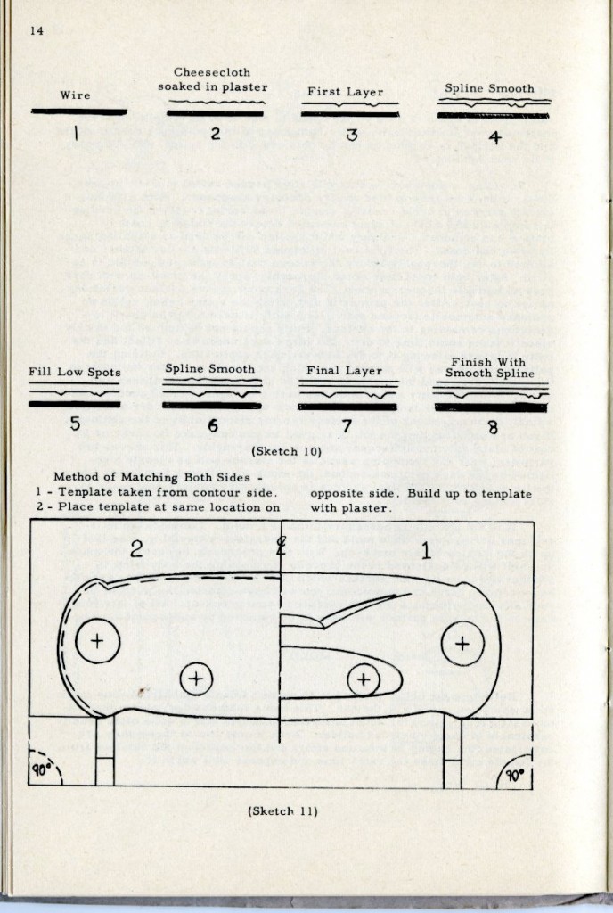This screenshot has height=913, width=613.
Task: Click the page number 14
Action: click(37, 31)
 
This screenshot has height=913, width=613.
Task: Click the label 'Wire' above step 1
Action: click(75, 95)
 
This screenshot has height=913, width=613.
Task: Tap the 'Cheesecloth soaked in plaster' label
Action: click(212, 79)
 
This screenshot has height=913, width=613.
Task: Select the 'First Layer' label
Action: click(346, 92)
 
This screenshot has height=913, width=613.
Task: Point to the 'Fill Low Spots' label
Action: click(75, 372)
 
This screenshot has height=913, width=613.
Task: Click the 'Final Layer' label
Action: click(346, 371)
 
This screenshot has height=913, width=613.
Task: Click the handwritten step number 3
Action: click(352, 136)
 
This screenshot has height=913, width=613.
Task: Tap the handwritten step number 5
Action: click(75, 424)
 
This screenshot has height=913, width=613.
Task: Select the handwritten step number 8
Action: click(492, 427)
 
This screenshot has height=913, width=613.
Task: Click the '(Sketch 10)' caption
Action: click(286, 451)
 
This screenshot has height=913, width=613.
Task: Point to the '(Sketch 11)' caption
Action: click(282, 810)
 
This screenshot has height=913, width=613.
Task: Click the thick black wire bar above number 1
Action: click(78, 112)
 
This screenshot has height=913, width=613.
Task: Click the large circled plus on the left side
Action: click(98, 640)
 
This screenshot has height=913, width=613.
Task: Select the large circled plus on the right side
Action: click(462, 643)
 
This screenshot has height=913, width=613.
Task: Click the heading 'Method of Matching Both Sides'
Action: click(145, 477)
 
